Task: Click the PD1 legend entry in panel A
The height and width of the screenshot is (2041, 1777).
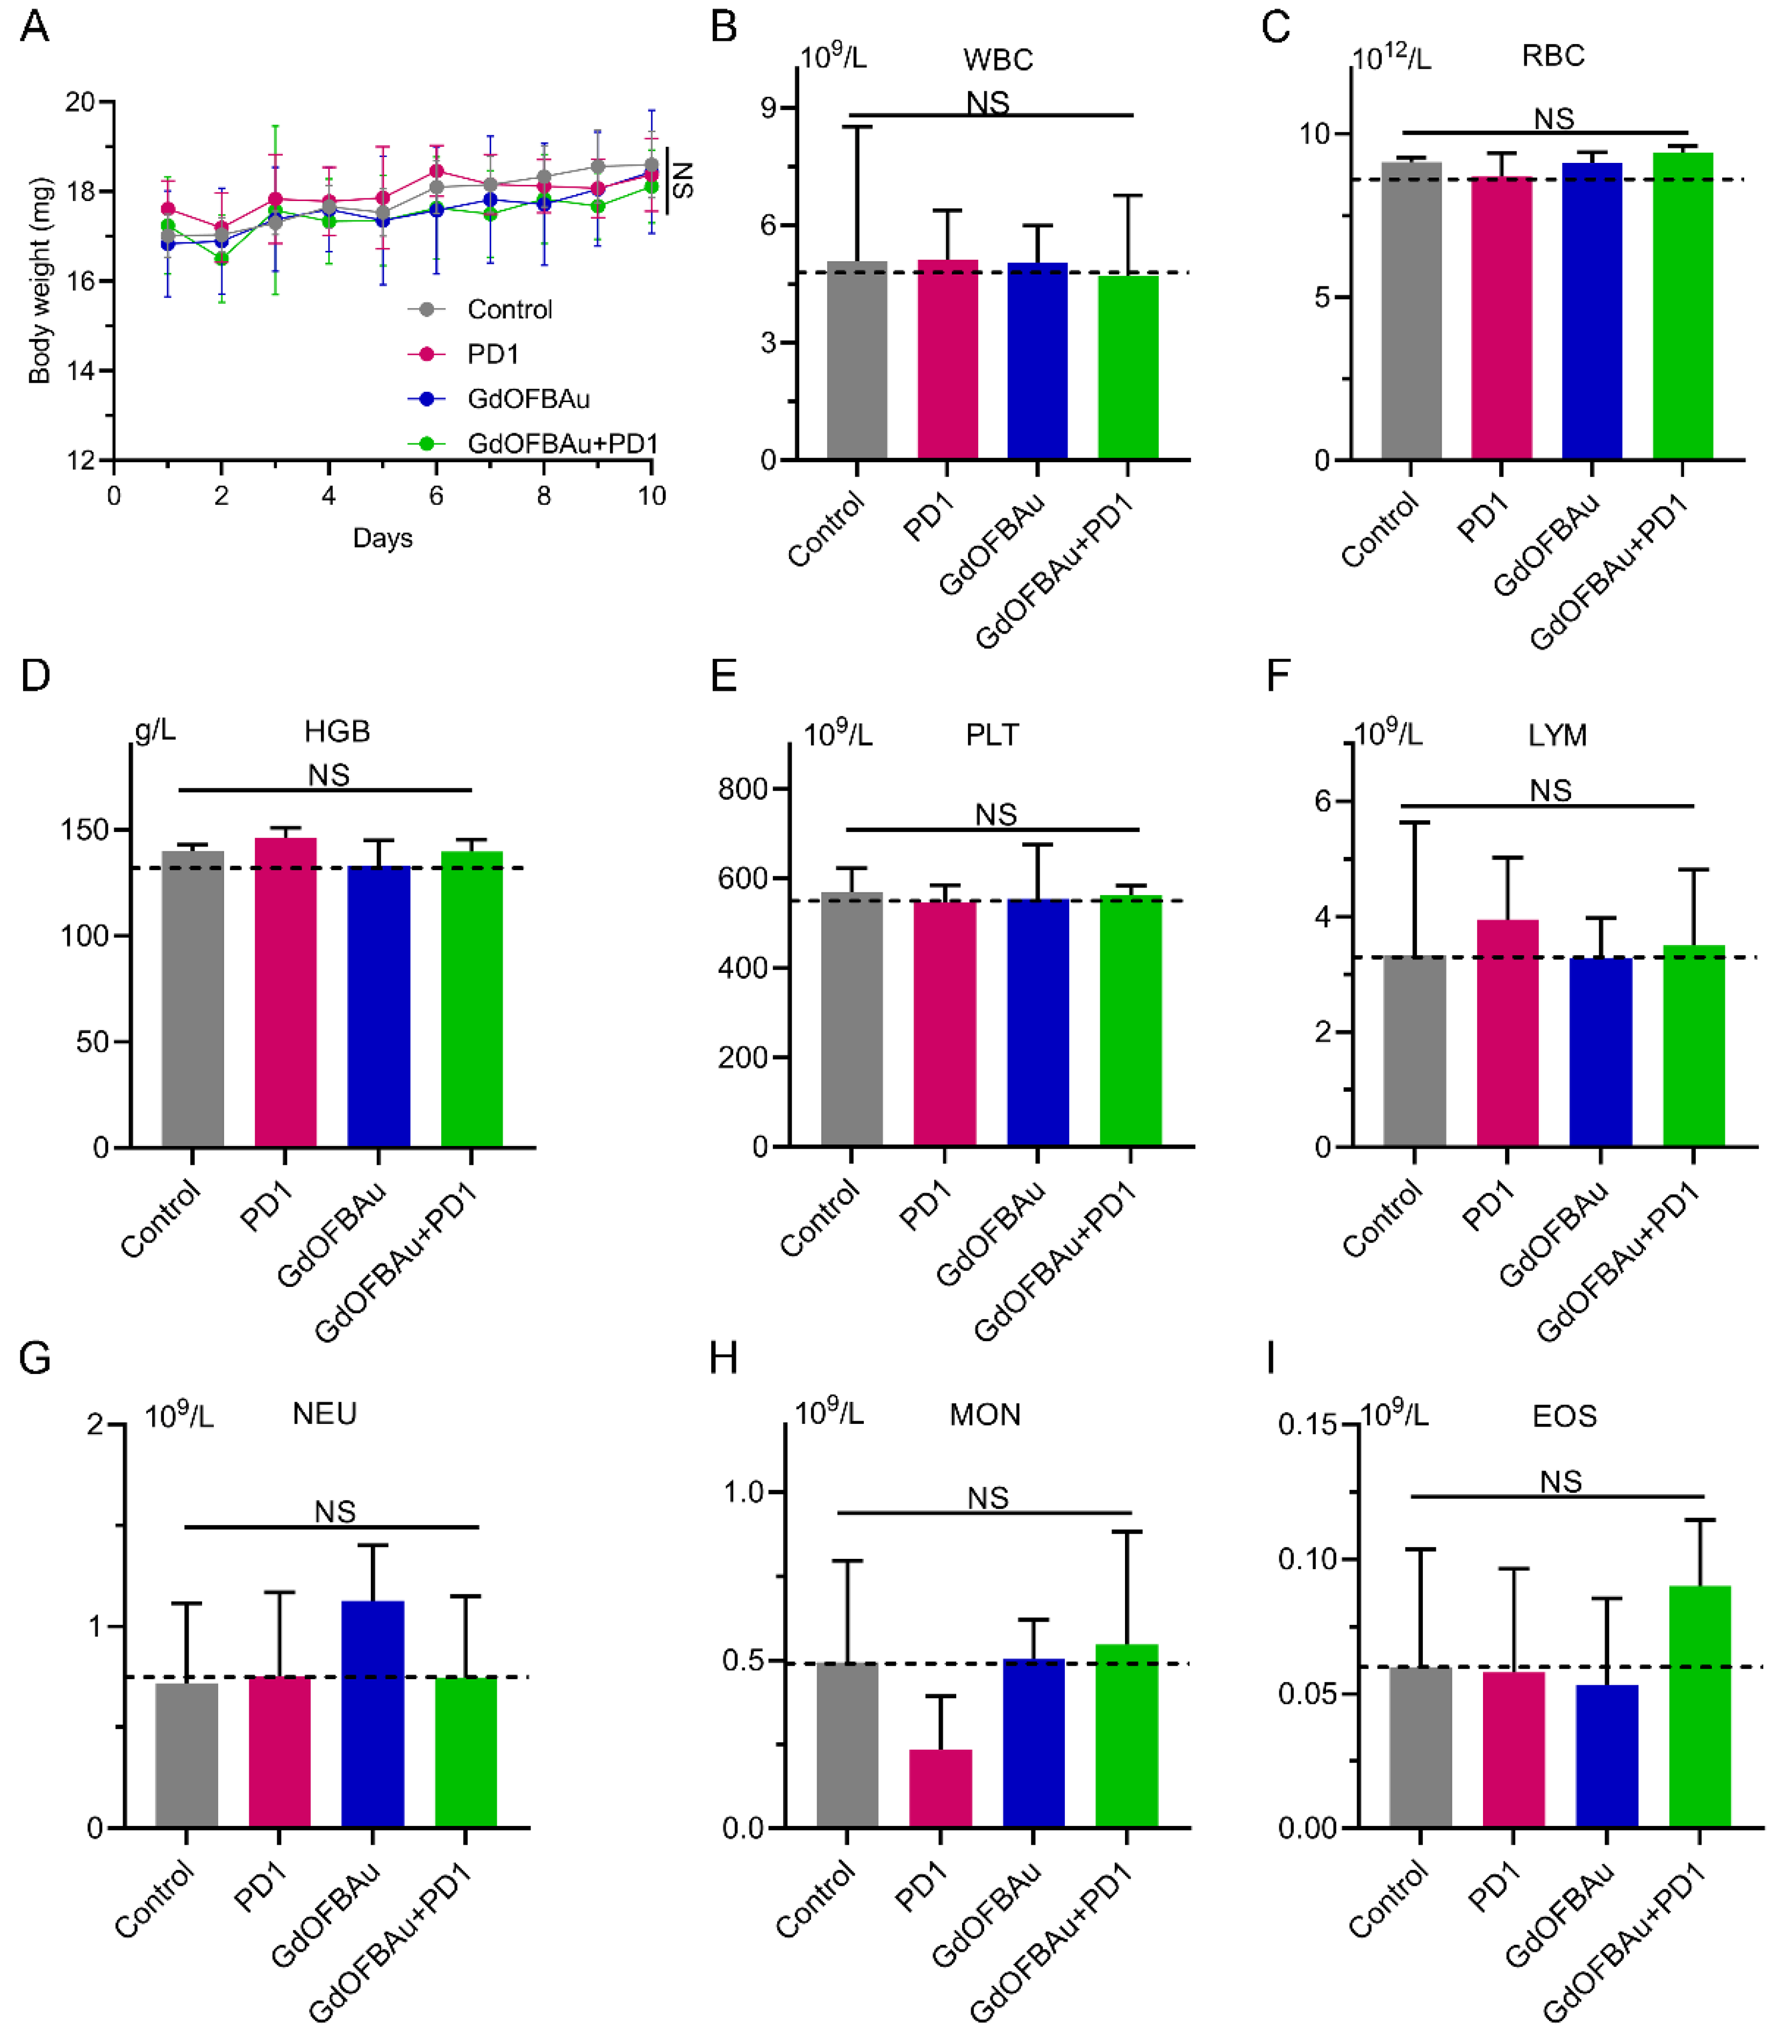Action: tap(464, 354)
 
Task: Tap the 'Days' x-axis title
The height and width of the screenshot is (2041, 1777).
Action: tap(383, 539)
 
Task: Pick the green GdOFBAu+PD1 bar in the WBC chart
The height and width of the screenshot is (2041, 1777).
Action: tap(1128, 367)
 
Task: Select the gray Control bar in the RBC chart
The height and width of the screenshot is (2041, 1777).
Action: tap(1411, 310)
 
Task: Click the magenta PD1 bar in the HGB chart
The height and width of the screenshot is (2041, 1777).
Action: tap(285, 993)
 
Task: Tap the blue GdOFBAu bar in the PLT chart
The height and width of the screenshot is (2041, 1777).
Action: tap(1038, 1022)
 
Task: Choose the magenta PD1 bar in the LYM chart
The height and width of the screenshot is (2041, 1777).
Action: tap(1507, 1033)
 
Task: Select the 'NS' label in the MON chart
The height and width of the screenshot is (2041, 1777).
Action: tap(987, 1498)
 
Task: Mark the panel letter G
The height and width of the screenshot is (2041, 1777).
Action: tap(35, 1358)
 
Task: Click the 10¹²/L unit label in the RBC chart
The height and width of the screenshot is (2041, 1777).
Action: tap(1391, 56)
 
